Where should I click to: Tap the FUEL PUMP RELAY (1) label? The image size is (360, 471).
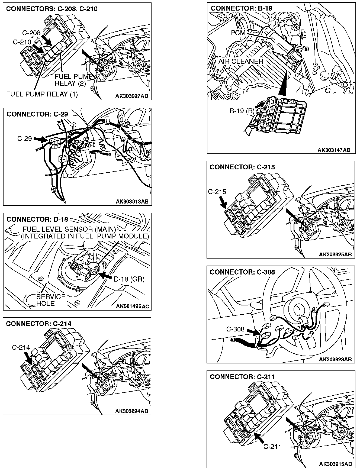click(42, 94)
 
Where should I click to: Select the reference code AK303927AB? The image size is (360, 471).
click(132, 96)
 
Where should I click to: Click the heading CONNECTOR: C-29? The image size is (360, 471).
click(37, 114)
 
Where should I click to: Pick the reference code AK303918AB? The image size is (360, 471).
click(132, 201)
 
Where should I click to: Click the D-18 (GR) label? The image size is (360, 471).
click(129, 279)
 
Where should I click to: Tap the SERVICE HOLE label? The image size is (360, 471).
click(51, 300)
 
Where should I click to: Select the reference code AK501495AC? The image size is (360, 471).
click(132, 307)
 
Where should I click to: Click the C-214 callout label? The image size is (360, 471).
click(21, 348)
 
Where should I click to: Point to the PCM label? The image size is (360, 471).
click(238, 33)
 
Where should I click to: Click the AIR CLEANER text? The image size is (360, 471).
click(241, 61)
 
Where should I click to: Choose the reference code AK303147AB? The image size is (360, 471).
click(334, 150)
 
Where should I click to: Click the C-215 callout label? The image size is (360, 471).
click(217, 192)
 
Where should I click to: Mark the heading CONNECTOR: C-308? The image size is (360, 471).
click(242, 272)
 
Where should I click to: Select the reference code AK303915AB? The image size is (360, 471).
click(335, 464)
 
